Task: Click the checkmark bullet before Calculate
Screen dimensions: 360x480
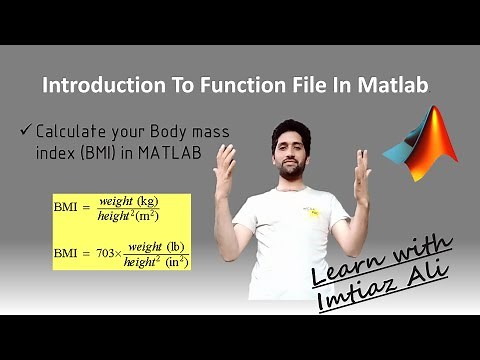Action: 25,131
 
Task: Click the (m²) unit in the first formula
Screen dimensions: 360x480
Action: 148,215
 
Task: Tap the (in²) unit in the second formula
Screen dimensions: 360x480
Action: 177,262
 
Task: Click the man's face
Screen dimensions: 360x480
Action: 290,150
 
